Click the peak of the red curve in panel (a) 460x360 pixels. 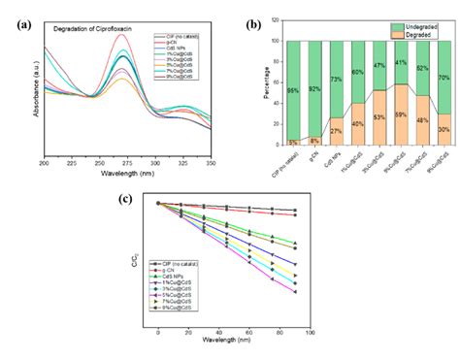coord(121,35)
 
